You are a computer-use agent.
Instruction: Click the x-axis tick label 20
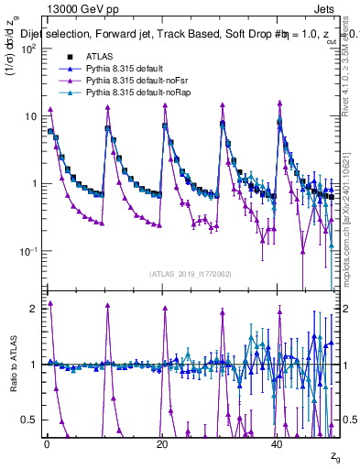162,442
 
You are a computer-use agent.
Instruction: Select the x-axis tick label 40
278,442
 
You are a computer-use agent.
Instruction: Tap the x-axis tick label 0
47,442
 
